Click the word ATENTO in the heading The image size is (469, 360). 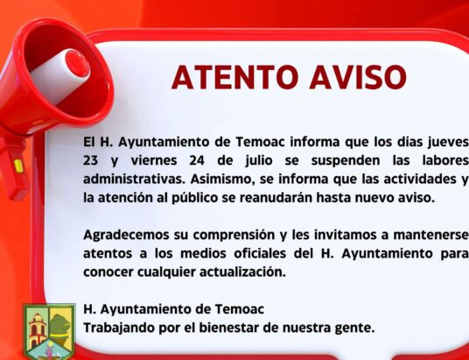click(x=235, y=77)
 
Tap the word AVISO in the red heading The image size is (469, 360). click(x=358, y=77)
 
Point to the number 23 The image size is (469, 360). click(x=90, y=161)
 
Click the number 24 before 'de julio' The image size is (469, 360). click(x=197, y=161)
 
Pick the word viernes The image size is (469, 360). click(x=154, y=161)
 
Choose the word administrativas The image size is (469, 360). click(x=134, y=179)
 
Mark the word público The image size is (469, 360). click(x=195, y=198)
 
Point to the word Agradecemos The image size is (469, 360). click(x=126, y=235)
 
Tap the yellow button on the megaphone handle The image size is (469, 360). click(x=18, y=166)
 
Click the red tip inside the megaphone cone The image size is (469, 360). click(x=77, y=63)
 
